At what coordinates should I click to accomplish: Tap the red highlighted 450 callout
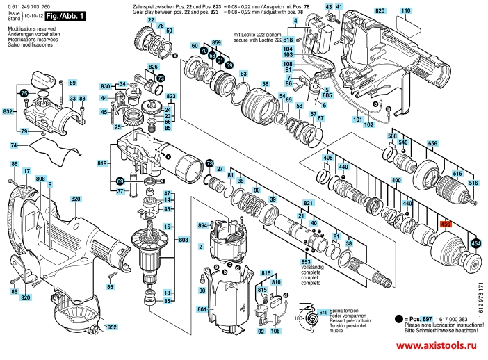click(x=446, y=224)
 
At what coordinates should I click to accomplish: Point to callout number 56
click(x=265, y=84)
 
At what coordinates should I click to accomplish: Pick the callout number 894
click(x=203, y=225)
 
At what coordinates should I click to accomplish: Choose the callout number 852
click(x=111, y=327)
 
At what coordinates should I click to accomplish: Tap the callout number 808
click(x=41, y=179)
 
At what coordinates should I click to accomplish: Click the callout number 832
click(x=8, y=111)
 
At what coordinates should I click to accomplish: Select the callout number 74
click(x=14, y=145)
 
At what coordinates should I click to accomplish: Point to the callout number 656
click(x=432, y=142)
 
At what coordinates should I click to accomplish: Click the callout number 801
click(x=202, y=309)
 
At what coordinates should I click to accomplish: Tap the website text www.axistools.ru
click(x=439, y=345)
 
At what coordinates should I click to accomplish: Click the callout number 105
click(x=275, y=332)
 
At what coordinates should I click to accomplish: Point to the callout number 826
click(x=153, y=67)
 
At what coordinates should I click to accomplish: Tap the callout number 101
click(x=357, y=120)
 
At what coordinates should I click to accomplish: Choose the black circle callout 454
click(x=475, y=243)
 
